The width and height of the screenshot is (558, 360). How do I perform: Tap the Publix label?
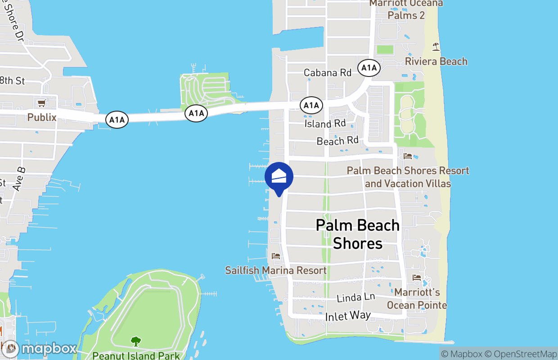42,117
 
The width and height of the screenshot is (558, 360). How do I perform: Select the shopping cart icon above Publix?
42,103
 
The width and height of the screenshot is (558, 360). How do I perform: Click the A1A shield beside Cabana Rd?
369,68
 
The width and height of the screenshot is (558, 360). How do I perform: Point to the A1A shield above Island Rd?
311,106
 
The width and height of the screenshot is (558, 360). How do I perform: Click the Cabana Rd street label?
327,72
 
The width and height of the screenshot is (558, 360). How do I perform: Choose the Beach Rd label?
337,141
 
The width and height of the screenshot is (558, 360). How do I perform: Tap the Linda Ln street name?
355,297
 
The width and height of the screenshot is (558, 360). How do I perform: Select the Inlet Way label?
348,316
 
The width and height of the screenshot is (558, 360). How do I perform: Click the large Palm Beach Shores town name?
358,234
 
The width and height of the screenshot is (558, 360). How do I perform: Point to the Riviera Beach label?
436,62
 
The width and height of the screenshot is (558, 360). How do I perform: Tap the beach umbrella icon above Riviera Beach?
436,46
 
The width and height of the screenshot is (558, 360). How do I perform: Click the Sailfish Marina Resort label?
276,270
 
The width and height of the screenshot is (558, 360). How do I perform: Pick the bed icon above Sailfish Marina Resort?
276,256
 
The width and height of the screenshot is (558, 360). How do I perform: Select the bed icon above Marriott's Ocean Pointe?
417,278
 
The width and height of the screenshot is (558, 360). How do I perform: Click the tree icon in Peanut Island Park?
135,342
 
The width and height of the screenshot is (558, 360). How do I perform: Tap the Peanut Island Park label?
136,355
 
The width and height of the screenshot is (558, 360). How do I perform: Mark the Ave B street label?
20,179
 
